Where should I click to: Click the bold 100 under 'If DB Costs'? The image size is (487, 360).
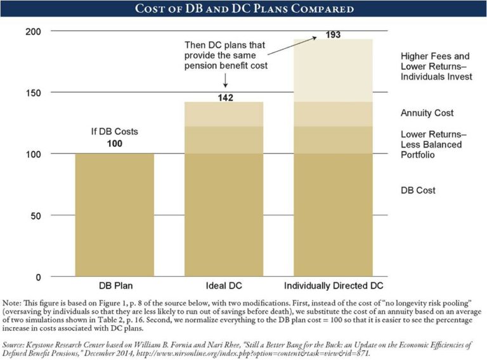114,144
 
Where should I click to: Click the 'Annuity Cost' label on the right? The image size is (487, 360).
427,113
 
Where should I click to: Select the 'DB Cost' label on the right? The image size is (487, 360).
419,190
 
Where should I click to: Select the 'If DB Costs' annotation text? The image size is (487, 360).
114,132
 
